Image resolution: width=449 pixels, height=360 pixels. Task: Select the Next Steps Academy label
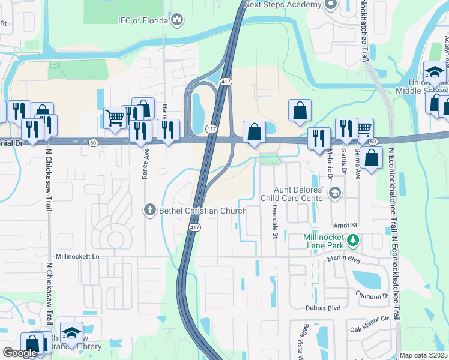point(283,4)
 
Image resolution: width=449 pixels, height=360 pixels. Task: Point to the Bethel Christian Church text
point(202,211)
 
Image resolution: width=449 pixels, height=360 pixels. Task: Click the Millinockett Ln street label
point(77,256)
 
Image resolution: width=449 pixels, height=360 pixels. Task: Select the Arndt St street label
point(345,225)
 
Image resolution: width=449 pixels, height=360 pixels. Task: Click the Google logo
point(20,353)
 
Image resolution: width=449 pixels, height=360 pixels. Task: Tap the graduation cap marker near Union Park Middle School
point(433,71)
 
